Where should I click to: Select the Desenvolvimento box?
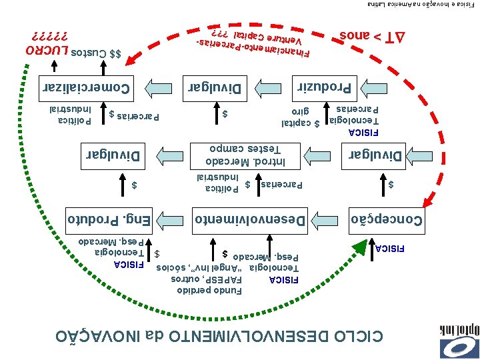click(250, 218)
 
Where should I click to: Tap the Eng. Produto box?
click(111, 218)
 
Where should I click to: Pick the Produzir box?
click(327, 86)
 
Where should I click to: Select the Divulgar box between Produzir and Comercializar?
click(218, 86)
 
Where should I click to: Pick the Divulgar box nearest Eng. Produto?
click(111, 155)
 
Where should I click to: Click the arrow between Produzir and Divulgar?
click(273, 86)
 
